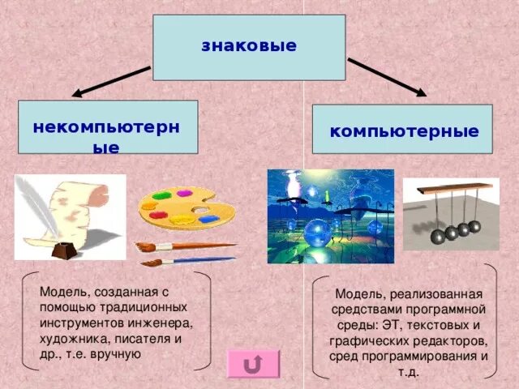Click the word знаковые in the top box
249,45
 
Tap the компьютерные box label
403,131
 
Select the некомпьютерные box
108,127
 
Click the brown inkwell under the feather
65,250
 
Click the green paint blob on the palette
163,195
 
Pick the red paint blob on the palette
158,216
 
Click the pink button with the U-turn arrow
253,365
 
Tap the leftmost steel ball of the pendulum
438,236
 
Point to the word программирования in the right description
427,357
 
